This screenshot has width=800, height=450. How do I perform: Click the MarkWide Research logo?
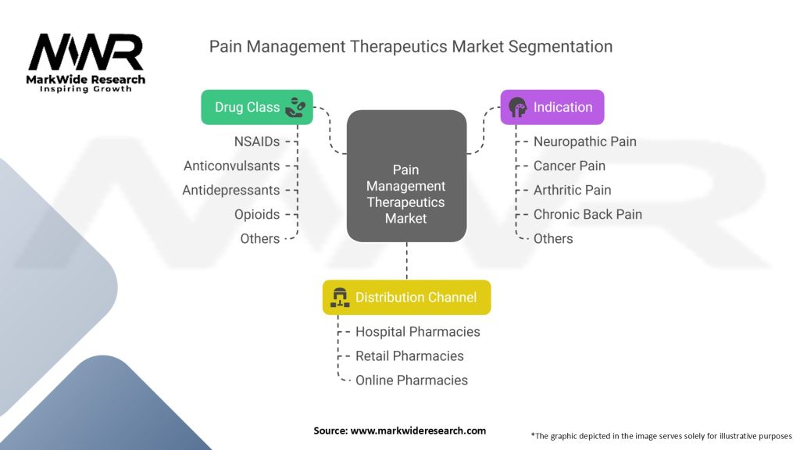pos(86,62)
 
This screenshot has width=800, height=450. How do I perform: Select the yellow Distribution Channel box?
pos(406,297)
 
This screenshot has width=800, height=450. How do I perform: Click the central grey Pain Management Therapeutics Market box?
pos(405,175)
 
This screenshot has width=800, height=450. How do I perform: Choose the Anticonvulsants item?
pos(231,166)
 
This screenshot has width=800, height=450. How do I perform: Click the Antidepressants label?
pos(230,190)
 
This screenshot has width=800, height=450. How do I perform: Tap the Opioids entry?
pos(256,214)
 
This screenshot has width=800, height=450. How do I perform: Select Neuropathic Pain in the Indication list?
pos(584,141)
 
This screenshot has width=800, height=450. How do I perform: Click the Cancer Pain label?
pos(569,166)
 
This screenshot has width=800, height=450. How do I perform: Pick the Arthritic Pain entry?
pos(572,190)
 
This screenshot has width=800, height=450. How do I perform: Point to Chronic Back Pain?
pos(587,214)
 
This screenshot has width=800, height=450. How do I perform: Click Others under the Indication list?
pos(553,238)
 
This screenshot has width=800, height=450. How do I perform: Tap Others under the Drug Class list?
pos(259,238)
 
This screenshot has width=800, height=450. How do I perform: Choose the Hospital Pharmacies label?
pos(417,331)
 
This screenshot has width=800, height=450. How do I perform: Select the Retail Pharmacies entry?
pos(409,355)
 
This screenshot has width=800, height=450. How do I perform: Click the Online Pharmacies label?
pos(411,380)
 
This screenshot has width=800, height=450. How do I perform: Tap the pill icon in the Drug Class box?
pos(295,107)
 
